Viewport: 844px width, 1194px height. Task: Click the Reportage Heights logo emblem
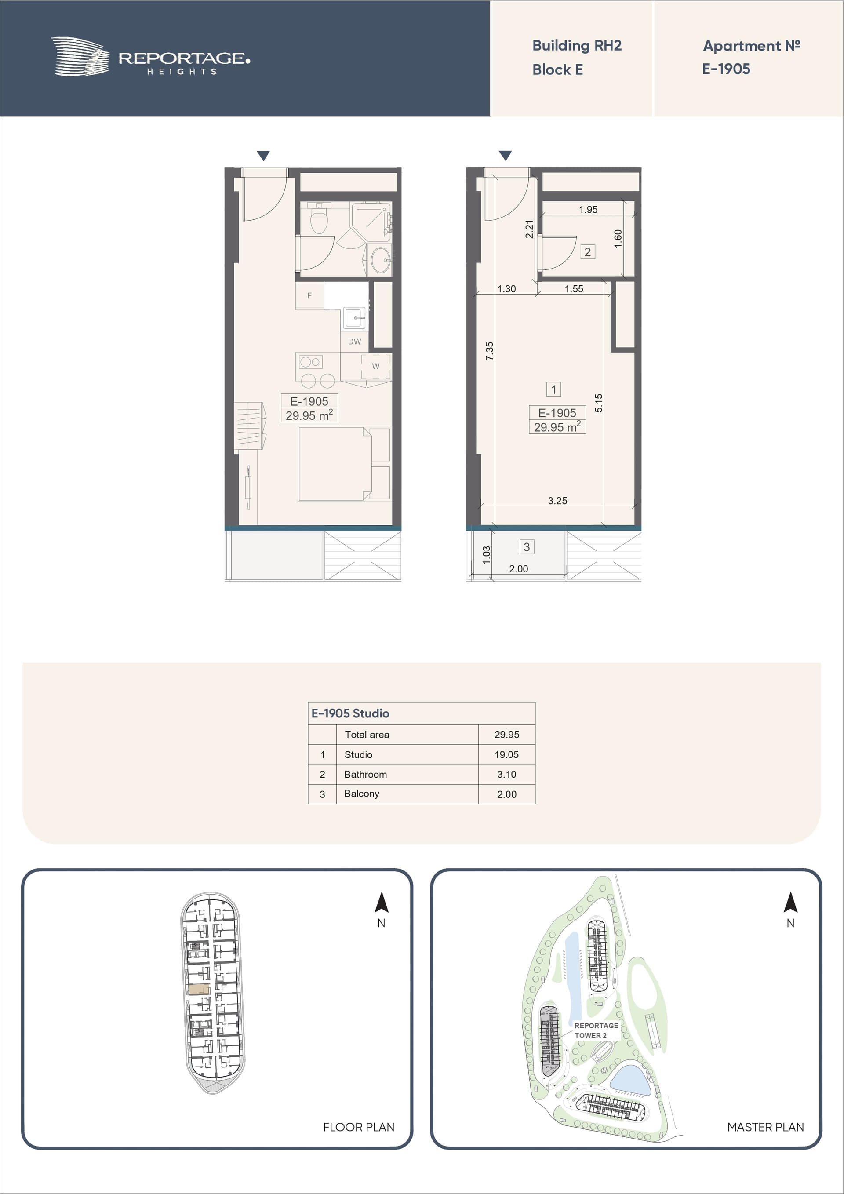pyautogui.click(x=80, y=56)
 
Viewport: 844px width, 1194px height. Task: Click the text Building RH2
pyautogui.click(x=577, y=46)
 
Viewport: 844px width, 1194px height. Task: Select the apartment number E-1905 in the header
pyautogui.click(x=726, y=69)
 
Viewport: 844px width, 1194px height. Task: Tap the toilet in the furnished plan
pyautogui.click(x=319, y=218)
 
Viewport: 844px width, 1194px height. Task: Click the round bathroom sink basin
pyautogui.click(x=380, y=260)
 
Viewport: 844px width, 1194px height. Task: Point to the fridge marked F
pyautogui.click(x=309, y=295)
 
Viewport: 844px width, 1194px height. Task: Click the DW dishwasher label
pyautogui.click(x=354, y=342)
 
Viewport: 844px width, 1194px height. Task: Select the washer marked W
pyautogui.click(x=376, y=367)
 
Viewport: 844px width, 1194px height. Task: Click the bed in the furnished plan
pyautogui.click(x=344, y=464)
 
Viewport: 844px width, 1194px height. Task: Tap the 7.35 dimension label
pyautogui.click(x=489, y=351)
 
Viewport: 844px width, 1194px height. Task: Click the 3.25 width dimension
pyautogui.click(x=557, y=500)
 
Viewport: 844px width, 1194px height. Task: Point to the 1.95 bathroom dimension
pyautogui.click(x=588, y=210)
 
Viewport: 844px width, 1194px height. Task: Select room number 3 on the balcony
pyautogui.click(x=527, y=546)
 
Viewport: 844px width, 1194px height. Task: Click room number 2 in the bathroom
pyautogui.click(x=588, y=252)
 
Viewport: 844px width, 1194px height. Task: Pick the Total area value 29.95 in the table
pyautogui.click(x=506, y=734)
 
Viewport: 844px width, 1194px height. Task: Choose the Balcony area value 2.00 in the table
pyautogui.click(x=506, y=794)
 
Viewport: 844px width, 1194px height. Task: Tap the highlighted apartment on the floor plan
pyautogui.click(x=199, y=989)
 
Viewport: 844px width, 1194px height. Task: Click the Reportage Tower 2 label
pyautogui.click(x=596, y=1030)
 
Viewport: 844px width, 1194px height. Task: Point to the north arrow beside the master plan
pyautogui.click(x=790, y=902)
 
